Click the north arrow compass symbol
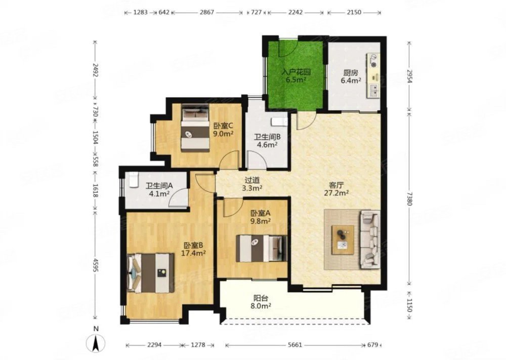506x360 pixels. [96, 343]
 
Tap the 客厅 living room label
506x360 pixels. [336, 185]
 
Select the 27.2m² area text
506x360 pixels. [336, 193]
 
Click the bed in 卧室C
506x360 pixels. [195, 128]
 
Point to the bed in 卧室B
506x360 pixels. [151, 273]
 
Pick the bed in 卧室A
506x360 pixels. [262, 248]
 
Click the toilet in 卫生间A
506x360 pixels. [134, 180]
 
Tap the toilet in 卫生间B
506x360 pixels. [279, 122]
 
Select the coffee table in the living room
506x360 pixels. [343, 240]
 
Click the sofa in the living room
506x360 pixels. [370, 239]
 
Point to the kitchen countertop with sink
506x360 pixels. [373, 76]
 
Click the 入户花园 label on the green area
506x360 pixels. [296, 71]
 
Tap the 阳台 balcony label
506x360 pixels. [261, 298]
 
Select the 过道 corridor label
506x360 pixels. [252, 180]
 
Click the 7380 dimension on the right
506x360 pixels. [409, 198]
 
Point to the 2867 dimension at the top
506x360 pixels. [206, 12]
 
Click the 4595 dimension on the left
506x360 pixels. [95, 265]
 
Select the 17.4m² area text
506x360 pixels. [193, 253]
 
